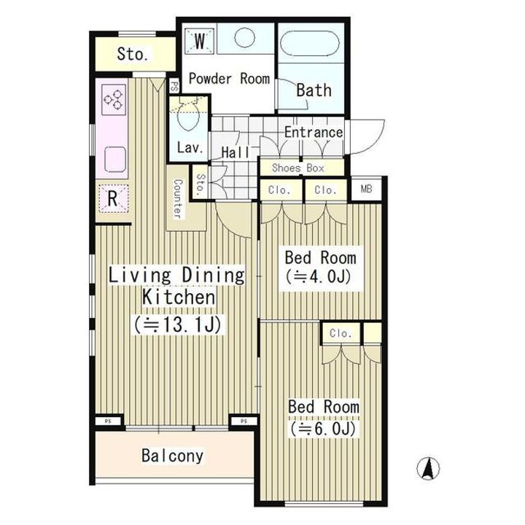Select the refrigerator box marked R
pyautogui.click(x=113, y=198)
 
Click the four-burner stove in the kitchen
pyautogui.click(x=113, y=101)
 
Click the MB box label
pyautogui.click(x=366, y=190)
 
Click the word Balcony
pyautogui.click(x=173, y=456)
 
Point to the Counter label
pyautogui.click(x=176, y=198)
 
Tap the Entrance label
pyautogui.click(x=313, y=133)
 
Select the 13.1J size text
pyautogui.click(x=177, y=322)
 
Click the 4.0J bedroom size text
pyautogui.click(x=320, y=277)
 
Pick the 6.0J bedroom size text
pyautogui.click(x=324, y=429)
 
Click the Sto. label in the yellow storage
pyautogui.click(x=133, y=54)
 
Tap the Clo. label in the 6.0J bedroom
pyautogui.click(x=341, y=333)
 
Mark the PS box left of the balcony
pyautogui.click(x=108, y=421)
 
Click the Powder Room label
pyautogui.click(x=230, y=79)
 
